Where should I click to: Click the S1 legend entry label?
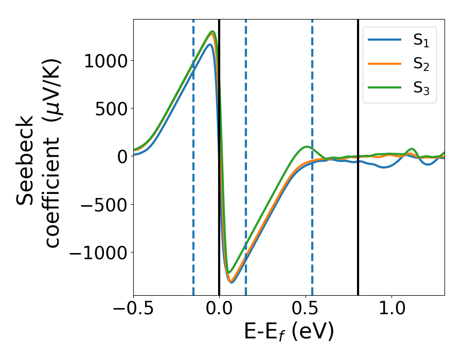[x=421, y=41]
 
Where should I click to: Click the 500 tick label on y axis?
[x=108, y=109]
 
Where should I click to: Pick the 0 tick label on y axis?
[x=121, y=156]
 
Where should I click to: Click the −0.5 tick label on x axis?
[x=133, y=310]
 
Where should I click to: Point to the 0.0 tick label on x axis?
[x=219, y=310]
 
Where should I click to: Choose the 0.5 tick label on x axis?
[x=306, y=310]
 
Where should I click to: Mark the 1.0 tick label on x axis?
[x=392, y=310]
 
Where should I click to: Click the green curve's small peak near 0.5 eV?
[x=307, y=147]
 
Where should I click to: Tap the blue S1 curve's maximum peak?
[x=210, y=45]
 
